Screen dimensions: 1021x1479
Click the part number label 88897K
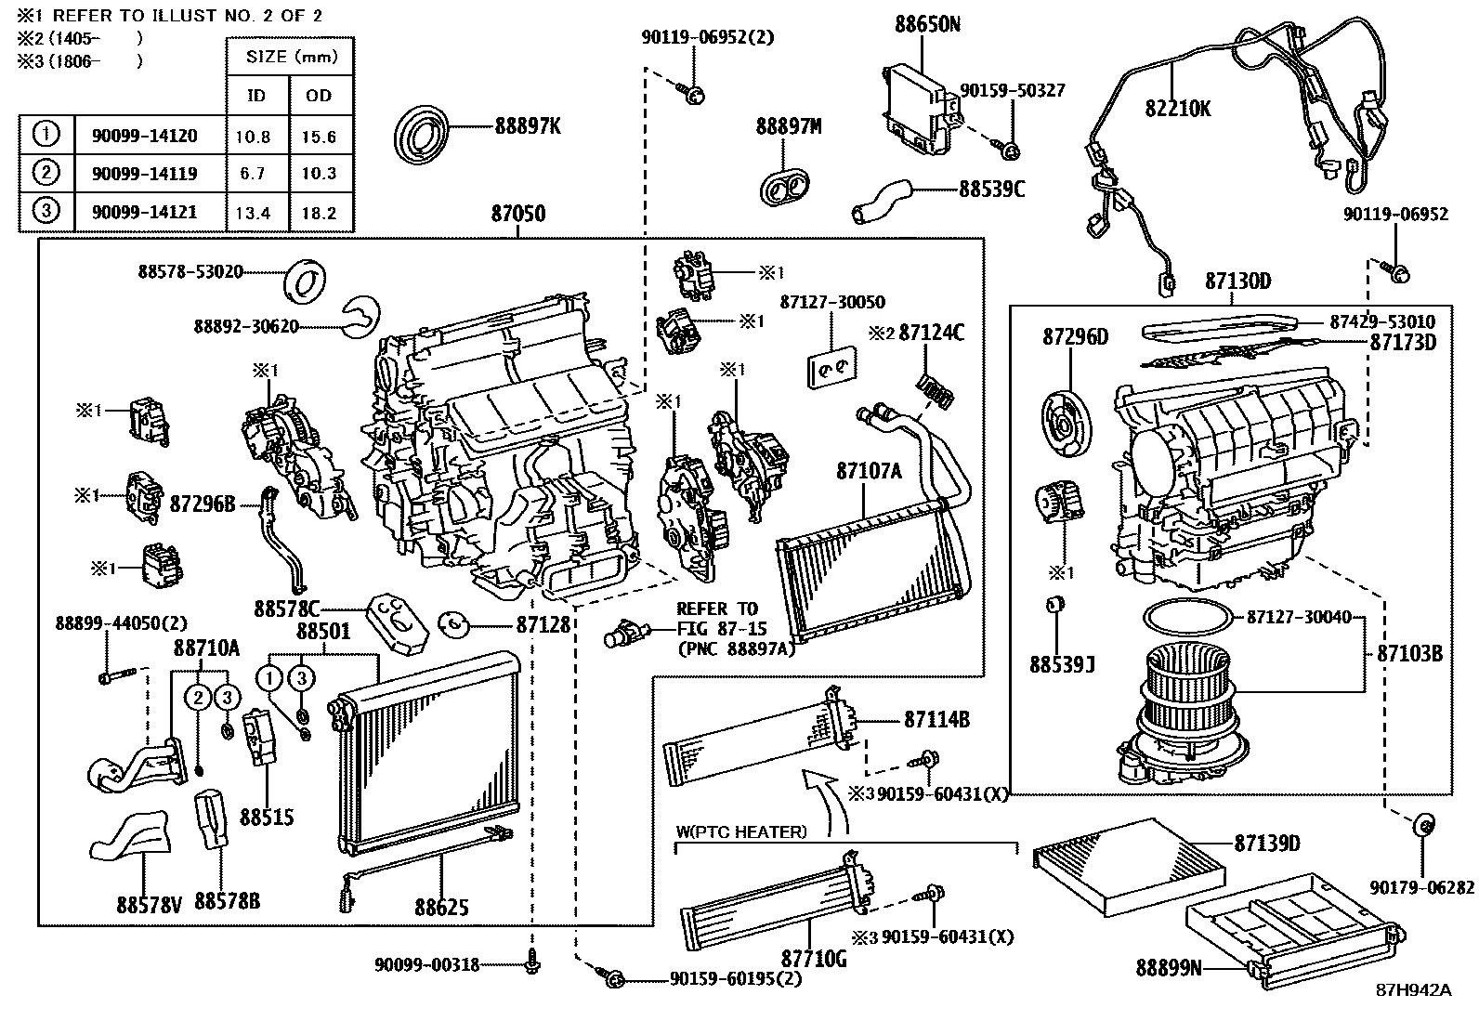click(527, 126)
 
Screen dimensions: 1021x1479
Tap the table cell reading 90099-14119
click(144, 173)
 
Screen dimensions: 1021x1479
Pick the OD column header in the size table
click(319, 96)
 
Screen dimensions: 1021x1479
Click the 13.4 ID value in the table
click(253, 213)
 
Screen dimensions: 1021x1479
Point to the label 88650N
click(927, 25)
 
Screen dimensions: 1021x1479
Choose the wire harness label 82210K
click(1178, 109)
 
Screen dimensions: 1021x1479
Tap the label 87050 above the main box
click(518, 214)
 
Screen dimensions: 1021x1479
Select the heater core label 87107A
click(869, 471)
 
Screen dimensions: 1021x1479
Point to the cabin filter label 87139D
click(1266, 844)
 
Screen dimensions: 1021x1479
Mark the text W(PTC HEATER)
click(741, 832)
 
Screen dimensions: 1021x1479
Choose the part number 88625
click(441, 907)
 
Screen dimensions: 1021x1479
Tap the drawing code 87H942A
click(1413, 989)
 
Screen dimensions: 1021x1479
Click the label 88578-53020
click(190, 271)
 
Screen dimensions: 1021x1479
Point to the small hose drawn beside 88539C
click(882, 202)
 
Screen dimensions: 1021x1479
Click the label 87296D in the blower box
click(1075, 336)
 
